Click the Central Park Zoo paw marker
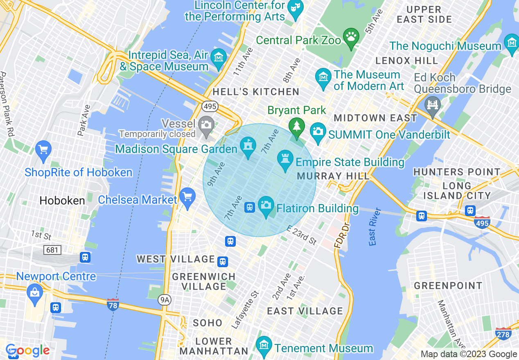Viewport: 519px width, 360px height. click(x=351, y=37)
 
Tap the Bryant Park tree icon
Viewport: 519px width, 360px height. click(x=296, y=126)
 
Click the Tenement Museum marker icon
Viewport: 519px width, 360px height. click(x=264, y=346)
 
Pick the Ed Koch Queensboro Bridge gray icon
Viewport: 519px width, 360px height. click(x=432, y=105)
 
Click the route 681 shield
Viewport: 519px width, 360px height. click(x=52, y=250)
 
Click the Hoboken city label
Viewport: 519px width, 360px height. click(x=62, y=200)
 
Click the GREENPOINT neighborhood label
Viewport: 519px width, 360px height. click(x=448, y=286)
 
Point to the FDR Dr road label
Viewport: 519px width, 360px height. click(x=341, y=236)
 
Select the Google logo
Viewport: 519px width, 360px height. click(x=27, y=351)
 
